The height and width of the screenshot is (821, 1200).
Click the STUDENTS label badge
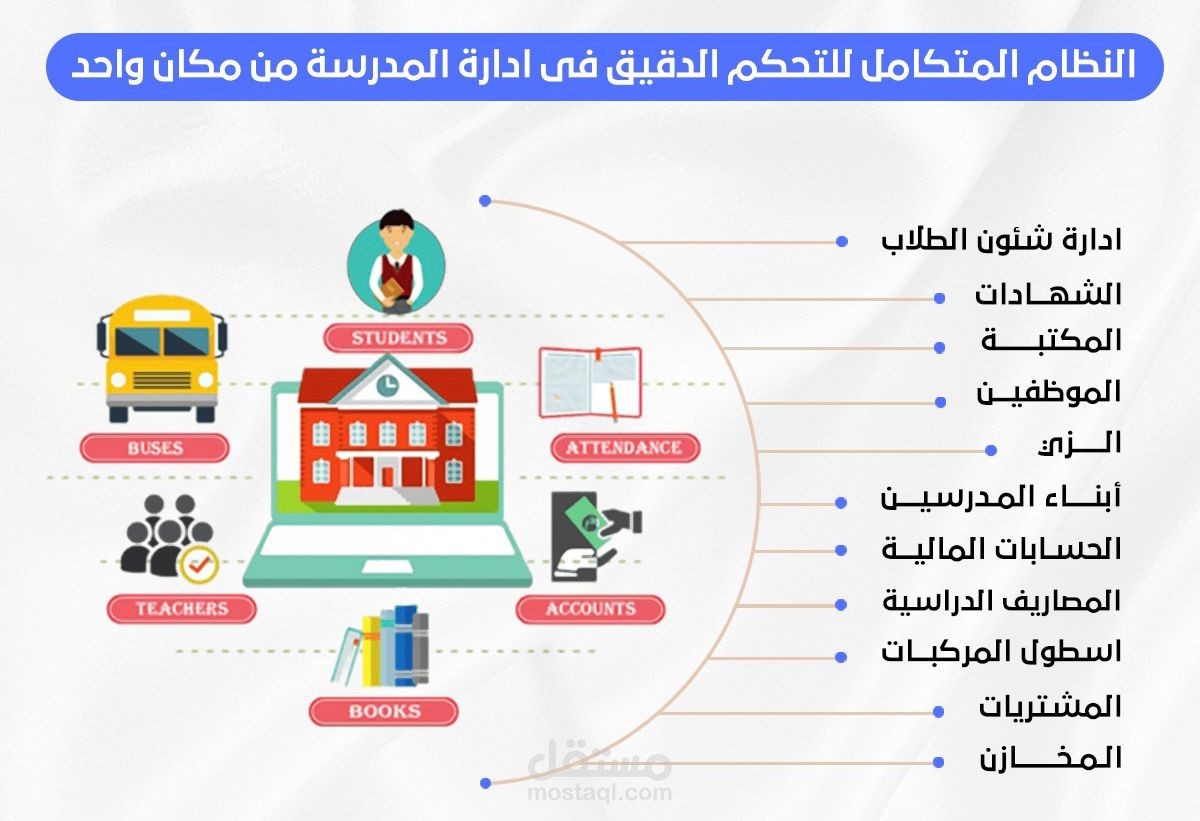398,338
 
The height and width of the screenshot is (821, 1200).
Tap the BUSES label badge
154,448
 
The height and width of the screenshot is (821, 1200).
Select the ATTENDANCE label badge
624,447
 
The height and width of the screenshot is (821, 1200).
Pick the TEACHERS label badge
182,607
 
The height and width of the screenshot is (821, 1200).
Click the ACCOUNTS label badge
590,608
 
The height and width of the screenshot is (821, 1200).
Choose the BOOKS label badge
384,711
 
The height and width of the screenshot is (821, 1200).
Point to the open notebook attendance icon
590,382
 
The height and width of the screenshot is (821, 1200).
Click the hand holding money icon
594,541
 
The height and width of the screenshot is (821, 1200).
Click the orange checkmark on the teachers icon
199,565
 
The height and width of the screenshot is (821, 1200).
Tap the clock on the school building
387,383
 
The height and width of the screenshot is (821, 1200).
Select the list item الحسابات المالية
1001,549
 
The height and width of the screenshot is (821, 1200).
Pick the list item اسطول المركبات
1001,653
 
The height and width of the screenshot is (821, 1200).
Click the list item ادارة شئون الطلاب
1001,241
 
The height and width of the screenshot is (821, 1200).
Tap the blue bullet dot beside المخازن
939,761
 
